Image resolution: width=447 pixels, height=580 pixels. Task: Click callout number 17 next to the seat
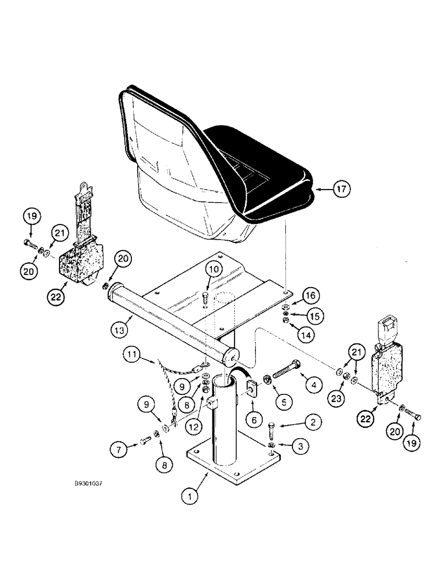click(342, 188)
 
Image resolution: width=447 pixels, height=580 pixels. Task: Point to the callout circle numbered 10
click(214, 269)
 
